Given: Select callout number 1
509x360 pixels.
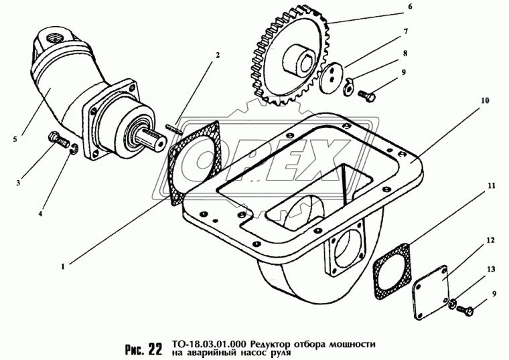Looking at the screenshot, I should (x=62, y=265).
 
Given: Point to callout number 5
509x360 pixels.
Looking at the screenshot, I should (x=15, y=140).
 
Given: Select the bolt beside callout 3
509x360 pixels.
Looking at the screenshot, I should (x=56, y=141).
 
